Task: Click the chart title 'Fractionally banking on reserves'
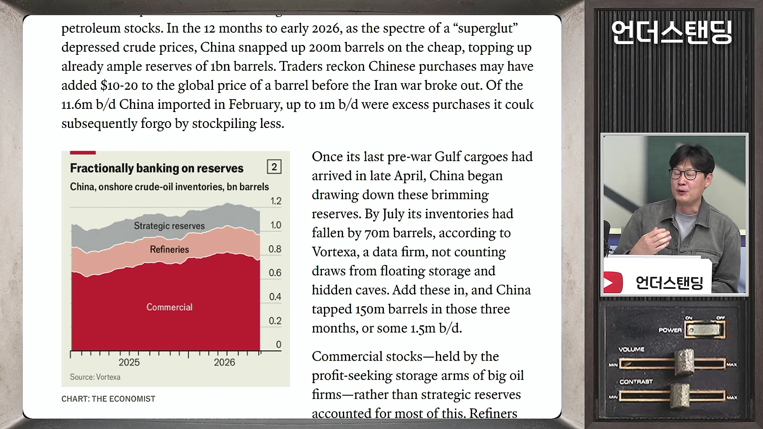pos(157,168)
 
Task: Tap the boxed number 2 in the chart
pos(274,167)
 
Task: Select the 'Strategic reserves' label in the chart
pos(169,226)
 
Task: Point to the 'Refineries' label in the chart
pos(169,249)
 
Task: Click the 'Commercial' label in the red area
pos(169,307)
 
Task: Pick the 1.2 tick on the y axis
pos(276,201)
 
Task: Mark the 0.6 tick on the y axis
pos(275,273)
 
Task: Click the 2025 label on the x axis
pos(129,362)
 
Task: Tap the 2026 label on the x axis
pos(225,362)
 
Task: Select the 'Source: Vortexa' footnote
pos(95,377)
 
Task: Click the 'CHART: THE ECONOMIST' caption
pos(108,399)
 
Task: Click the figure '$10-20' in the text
pos(119,85)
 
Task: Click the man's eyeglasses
pos(686,174)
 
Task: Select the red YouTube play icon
pos(613,282)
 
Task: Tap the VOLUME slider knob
pos(685,362)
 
